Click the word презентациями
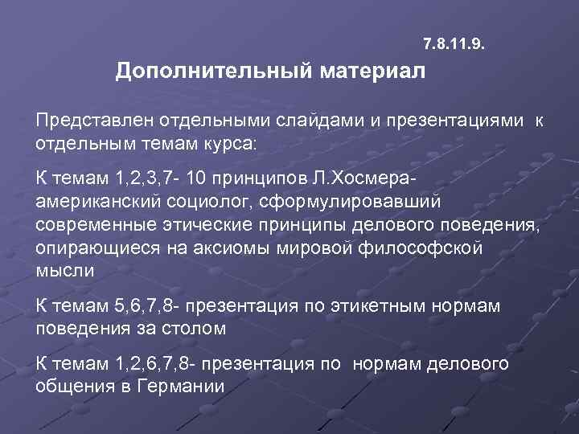tap(452, 121)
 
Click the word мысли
tap(65, 270)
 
